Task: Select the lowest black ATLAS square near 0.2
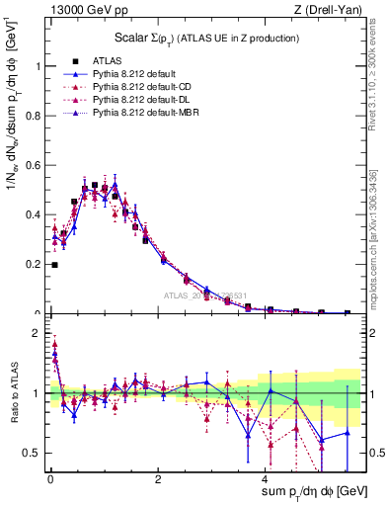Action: pyautogui.click(x=54, y=265)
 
